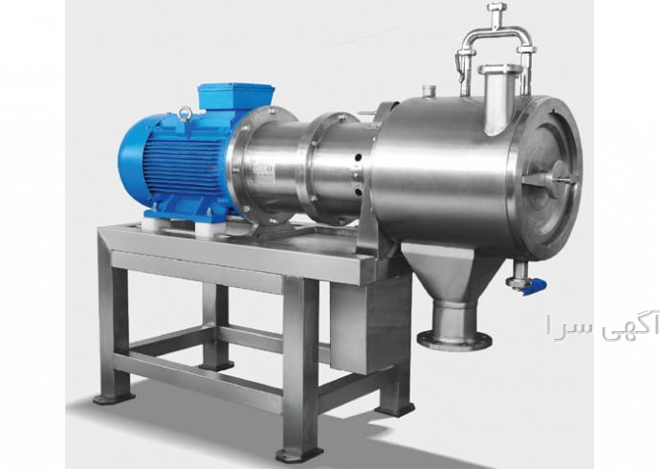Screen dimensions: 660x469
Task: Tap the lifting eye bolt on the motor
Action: coord(186,115)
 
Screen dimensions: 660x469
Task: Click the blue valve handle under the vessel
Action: coord(535,287)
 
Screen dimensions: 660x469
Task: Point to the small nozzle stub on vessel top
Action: coord(429,91)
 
